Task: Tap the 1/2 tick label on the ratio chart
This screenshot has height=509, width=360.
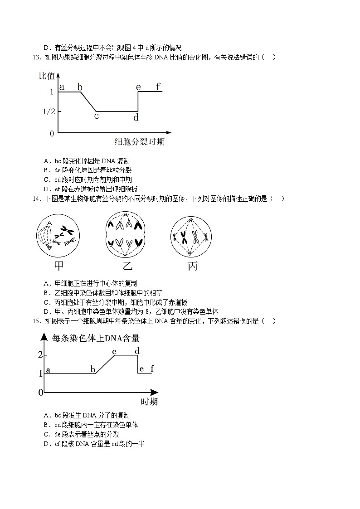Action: click(49, 111)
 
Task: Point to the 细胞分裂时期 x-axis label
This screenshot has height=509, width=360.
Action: click(139, 142)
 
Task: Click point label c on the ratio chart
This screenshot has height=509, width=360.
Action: click(96, 116)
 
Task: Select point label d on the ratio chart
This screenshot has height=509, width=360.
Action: click(136, 117)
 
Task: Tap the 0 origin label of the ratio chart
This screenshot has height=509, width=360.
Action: click(52, 133)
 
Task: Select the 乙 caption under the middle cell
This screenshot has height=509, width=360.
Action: click(128, 266)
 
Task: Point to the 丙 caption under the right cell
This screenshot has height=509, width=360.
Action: click(193, 266)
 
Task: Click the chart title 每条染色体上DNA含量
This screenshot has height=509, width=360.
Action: click(96, 338)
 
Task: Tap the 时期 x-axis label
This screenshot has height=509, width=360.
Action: click(149, 402)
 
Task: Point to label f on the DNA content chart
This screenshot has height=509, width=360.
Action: click(152, 368)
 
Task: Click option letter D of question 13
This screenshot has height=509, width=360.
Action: click(46, 189)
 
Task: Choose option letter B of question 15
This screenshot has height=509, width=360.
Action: click(46, 425)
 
